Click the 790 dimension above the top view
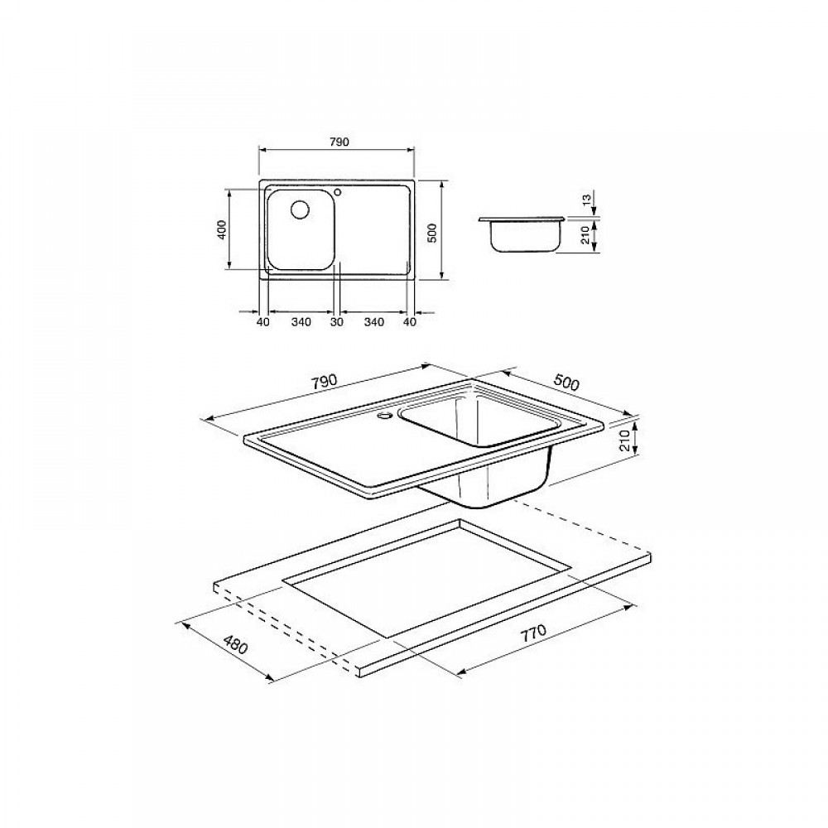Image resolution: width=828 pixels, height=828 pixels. tap(339, 142)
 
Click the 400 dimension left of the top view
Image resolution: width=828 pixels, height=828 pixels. tap(222, 229)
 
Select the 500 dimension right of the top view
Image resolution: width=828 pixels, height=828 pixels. tap(431, 233)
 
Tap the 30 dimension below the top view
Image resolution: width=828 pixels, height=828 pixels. tap(337, 321)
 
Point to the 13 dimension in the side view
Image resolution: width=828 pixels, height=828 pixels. tap(585, 200)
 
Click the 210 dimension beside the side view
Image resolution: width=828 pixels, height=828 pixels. tap(585, 234)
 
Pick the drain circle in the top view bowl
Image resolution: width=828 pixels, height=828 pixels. tap(301, 209)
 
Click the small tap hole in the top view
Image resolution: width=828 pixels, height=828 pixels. tap(339, 191)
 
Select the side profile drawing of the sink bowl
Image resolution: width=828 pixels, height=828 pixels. tap(521, 233)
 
